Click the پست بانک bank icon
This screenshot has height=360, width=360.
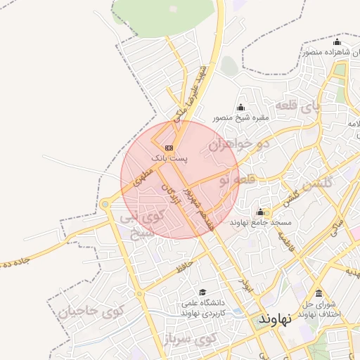pyautogui.click(x=169, y=148)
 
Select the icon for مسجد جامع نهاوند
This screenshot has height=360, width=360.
pyautogui.click(x=261, y=212)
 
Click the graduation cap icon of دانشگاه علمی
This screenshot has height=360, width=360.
pyautogui.click(x=203, y=292)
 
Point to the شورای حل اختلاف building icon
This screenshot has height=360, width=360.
pyautogui.click(x=319, y=293)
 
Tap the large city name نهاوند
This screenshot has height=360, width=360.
pyautogui.click(x=274, y=319)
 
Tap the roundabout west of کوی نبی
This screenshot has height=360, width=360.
pyautogui.click(x=105, y=205)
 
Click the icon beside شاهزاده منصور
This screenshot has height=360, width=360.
pyautogui.click(x=337, y=42)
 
